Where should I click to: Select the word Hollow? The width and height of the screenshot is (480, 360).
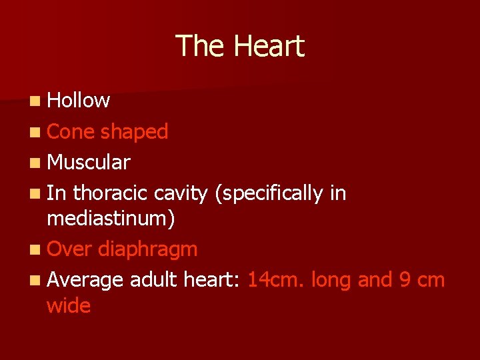point(79,101)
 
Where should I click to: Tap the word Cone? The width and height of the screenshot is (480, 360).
point(71,131)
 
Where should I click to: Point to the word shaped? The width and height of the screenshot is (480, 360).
point(134,132)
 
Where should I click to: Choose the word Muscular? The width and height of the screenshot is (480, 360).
point(89,162)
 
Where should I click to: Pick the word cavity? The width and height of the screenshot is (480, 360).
point(181,194)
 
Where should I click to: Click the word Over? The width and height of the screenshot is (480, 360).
point(70,249)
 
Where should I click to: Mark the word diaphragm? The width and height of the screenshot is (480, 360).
point(147,250)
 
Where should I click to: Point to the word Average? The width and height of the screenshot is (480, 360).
point(85,280)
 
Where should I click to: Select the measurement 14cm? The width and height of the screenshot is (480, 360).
point(274,280)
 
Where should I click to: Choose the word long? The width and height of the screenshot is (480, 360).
point(330,281)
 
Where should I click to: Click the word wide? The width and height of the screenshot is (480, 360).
point(69,306)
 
